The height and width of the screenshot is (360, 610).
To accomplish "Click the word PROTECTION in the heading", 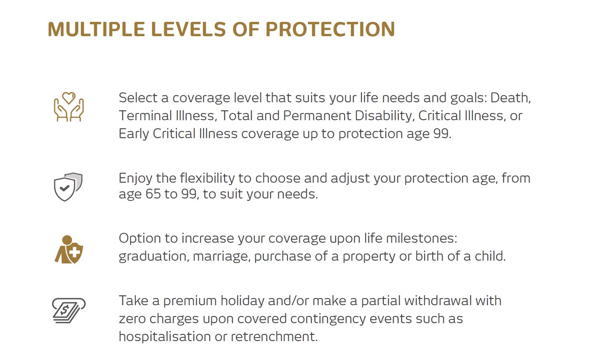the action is [330, 29].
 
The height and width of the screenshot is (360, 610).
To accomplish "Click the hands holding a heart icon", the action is [69, 107].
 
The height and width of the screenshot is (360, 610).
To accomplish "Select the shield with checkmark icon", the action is [68, 187].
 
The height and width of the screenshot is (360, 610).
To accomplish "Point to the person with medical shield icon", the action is [69, 250].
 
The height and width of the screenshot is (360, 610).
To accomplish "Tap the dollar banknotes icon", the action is [69, 311].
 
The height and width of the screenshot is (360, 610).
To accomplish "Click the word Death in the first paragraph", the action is [510, 98].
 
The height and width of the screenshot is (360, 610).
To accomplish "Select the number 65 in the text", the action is [153, 194].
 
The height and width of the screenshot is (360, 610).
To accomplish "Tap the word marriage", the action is [222, 257].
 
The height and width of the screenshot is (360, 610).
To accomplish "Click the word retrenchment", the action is [274, 337].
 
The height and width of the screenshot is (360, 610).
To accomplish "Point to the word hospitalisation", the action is [165, 337].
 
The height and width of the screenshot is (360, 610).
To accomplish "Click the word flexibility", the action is [207, 178].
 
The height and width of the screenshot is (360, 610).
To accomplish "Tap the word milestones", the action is [422, 238].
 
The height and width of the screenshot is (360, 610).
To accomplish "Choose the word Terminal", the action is [146, 115].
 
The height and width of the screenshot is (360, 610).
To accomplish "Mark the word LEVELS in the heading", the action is [188, 29].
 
